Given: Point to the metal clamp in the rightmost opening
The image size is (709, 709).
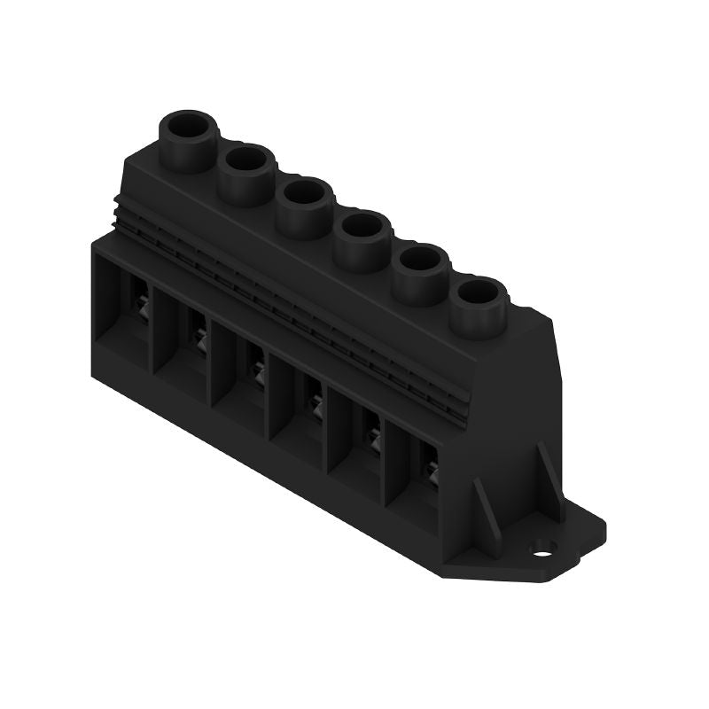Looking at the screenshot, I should click(430, 466).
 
